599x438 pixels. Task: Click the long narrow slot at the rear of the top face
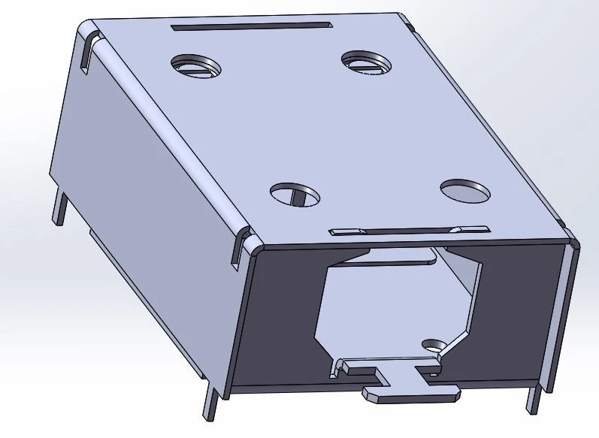[x=251, y=26]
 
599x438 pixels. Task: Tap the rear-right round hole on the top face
[x=365, y=62]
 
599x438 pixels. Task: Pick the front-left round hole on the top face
[x=294, y=194]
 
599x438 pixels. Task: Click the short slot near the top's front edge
[x=410, y=230]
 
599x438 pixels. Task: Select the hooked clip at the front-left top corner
[x=242, y=246]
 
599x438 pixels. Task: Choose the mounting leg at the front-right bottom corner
[x=533, y=398]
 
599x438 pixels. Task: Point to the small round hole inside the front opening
[x=433, y=345]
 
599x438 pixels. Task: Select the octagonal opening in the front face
[x=391, y=308]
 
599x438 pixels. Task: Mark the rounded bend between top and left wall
[x=173, y=135]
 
